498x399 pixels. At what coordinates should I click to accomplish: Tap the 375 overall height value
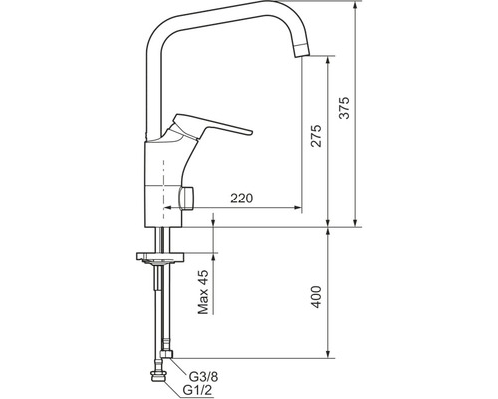344,112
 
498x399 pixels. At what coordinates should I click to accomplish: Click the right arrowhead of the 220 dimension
298,208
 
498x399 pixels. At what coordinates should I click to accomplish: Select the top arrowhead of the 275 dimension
330,58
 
